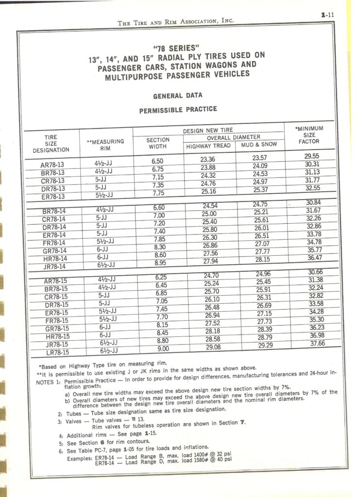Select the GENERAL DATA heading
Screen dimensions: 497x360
tap(177, 96)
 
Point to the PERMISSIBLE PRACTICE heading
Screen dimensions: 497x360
tap(178, 110)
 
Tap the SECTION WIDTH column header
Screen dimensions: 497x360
tap(158, 143)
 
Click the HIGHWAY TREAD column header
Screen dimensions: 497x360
tap(208, 146)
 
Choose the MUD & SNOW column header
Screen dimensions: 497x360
tap(259, 145)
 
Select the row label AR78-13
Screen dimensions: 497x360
tap(52, 165)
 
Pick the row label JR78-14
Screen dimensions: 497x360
tap(54, 267)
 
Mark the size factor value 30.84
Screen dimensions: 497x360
tap(311, 202)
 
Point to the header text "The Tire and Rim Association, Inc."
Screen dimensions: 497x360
tap(176, 21)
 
